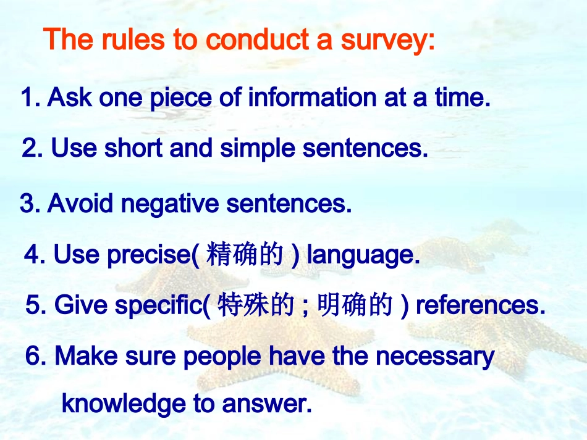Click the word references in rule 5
click(x=480, y=305)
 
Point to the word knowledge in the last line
click(x=124, y=404)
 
